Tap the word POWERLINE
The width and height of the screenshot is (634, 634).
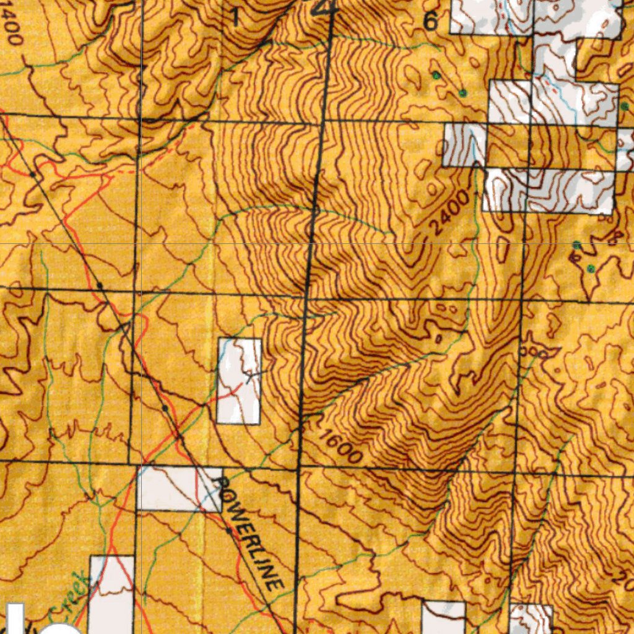(247, 529)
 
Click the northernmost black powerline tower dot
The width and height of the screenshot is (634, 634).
(32, 175)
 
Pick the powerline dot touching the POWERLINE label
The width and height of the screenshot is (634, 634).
(228, 531)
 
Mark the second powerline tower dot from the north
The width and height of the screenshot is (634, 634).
(100, 285)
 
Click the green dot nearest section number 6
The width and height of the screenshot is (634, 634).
(436, 76)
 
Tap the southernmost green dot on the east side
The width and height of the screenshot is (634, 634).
(591, 269)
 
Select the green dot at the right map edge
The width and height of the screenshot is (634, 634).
(624, 106)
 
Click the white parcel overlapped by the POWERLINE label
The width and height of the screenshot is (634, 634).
(178, 489)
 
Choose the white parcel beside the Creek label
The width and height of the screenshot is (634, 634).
(111, 594)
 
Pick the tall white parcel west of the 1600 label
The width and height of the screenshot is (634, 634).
(239, 381)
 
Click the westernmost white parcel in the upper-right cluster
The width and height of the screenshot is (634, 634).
(464, 144)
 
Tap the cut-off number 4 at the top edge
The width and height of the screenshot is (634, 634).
(324, 7)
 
